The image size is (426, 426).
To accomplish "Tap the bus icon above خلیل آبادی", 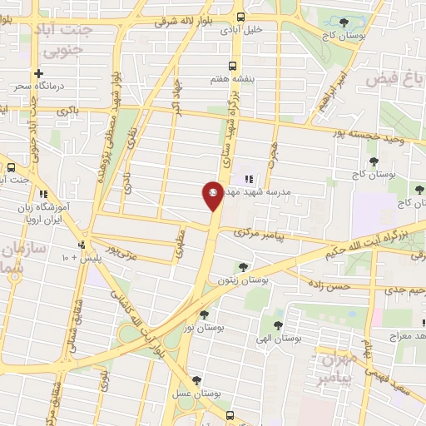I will point(240,17).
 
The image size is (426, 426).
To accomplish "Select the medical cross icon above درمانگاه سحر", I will point(37,73).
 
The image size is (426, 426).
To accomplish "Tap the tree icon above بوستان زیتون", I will point(242,267).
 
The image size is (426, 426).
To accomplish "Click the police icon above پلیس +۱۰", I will point(82,245).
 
